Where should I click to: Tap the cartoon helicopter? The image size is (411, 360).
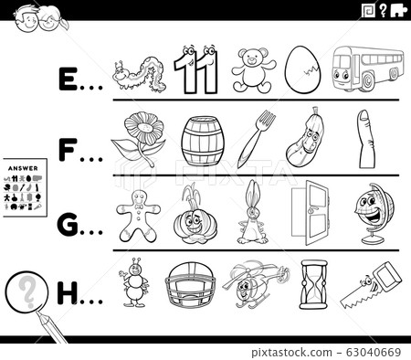pyautogui.click(x=248, y=284)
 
